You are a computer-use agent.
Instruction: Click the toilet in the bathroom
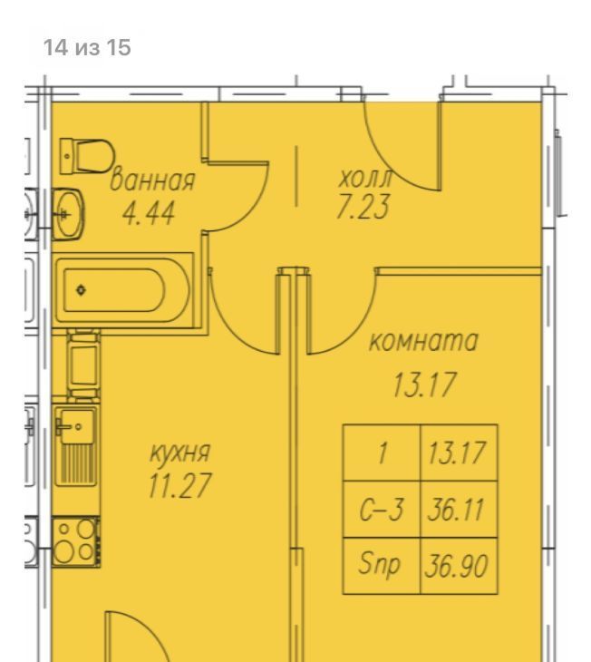click(87, 156)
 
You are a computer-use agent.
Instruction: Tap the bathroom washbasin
click(68, 214)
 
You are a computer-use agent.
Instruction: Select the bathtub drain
click(81, 290)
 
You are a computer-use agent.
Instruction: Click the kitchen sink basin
click(76, 426)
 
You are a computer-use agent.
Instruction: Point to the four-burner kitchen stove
click(76, 541)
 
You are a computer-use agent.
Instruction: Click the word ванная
click(152, 181)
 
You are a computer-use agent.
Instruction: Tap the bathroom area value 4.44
click(148, 214)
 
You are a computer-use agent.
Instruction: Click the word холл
click(365, 179)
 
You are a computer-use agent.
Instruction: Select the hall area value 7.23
click(363, 207)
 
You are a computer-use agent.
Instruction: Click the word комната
click(423, 341)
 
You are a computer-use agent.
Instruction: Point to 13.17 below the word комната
click(425, 385)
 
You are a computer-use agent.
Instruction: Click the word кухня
click(179, 453)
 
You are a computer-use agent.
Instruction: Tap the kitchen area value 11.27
click(179, 485)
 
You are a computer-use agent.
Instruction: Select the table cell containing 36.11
click(459, 509)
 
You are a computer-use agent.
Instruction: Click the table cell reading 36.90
click(459, 566)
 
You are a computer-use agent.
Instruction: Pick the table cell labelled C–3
click(382, 509)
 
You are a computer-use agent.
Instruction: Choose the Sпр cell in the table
click(382, 566)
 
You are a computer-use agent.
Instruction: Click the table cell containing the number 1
click(382, 453)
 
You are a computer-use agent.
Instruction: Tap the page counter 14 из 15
click(87, 47)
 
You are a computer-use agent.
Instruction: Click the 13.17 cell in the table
click(459, 453)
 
